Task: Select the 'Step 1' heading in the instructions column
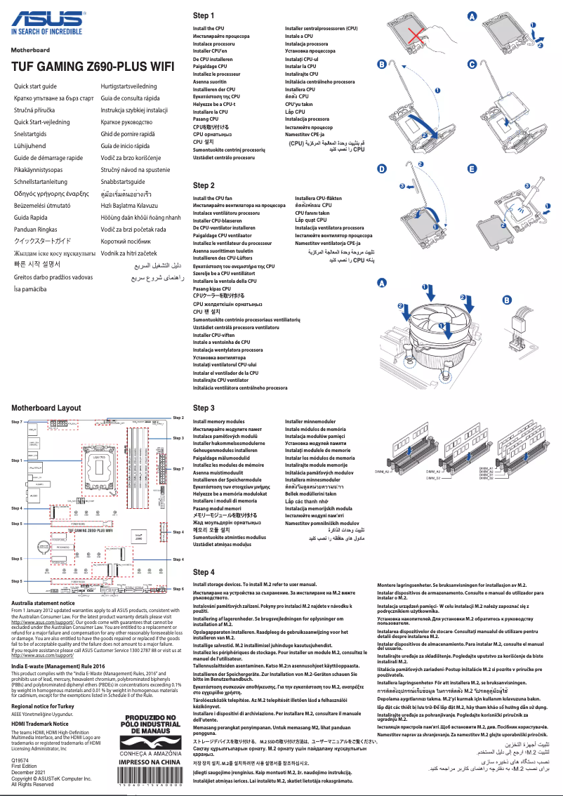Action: (203, 15)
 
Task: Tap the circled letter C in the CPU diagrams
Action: (472, 64)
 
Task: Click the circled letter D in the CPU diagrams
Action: (381, 169)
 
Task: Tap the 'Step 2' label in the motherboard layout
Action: (178, 418)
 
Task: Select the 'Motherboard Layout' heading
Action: (46, 407)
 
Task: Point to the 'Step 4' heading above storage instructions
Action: (203, 572)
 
